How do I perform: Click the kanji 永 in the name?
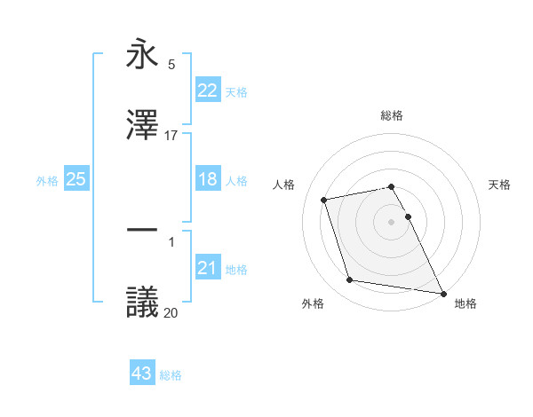(142, 55)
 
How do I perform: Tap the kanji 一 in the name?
(142, 231)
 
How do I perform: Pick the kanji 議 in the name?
(142, 302)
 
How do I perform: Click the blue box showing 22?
(208, 90)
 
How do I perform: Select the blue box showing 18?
(208, 179)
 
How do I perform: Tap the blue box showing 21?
(208, 268)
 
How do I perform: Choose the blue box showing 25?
(76, 179)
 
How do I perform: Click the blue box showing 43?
(142, 374)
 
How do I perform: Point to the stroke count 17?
(171, 135)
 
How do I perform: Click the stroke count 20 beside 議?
(171, 311)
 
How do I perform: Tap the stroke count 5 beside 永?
(171, 64)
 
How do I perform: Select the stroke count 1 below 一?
(171, 240)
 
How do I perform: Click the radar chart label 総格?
(392, 115)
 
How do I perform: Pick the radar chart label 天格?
(500, 185)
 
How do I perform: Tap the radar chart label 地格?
(465, 303)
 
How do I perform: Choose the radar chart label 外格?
(313, 303)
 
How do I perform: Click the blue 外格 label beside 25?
(47, 180)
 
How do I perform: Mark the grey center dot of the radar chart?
(392, 222)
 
